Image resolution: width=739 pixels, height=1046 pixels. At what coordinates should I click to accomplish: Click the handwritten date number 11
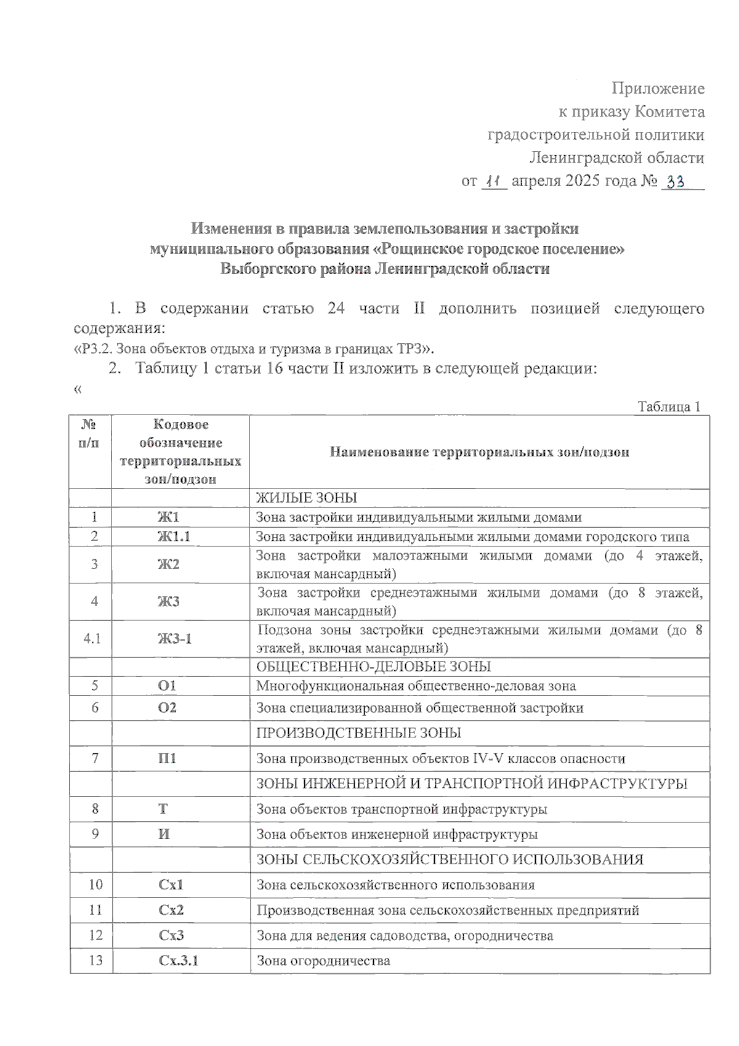point(493,182)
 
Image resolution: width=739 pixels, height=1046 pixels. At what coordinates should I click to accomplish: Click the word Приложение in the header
point(658,88)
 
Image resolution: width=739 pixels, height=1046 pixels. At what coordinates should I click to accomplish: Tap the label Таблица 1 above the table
point(669,407)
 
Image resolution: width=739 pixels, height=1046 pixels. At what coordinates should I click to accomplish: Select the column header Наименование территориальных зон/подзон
point(479,452)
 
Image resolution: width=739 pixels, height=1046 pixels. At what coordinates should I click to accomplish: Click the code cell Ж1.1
point(173,537)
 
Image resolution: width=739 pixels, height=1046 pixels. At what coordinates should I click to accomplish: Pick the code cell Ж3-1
point(174,639)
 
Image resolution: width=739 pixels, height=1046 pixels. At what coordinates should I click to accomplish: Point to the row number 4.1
point(92,639)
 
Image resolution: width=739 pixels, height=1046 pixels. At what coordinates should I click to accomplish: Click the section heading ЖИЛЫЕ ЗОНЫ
point(306,498)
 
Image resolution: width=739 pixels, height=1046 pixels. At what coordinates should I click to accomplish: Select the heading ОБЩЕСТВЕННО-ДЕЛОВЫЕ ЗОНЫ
point(373,667)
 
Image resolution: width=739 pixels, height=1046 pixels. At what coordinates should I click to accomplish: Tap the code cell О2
point(167,708)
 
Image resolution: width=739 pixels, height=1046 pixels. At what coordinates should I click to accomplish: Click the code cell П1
point(167,758)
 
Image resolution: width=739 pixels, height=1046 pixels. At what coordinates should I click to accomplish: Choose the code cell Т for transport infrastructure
point(163,809)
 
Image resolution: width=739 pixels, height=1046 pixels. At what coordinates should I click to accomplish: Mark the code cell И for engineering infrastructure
point(164,834)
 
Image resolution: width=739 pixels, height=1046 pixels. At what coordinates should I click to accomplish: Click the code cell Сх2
point(171,910)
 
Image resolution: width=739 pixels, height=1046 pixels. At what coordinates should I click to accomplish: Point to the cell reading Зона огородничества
point(323,960)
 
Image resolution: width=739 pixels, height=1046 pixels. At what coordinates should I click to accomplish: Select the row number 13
point(95,960)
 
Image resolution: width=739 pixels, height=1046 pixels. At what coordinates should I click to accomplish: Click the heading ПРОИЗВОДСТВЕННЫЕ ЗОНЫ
point(358,733)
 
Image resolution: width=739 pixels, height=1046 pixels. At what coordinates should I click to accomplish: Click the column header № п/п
point(90,433)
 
